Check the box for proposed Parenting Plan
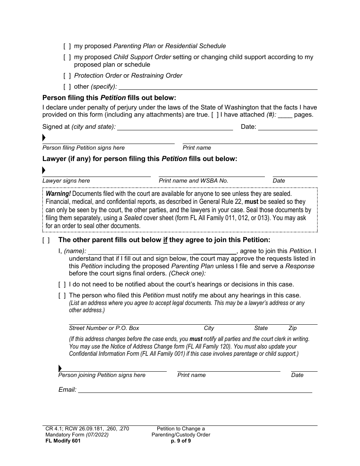pyautogui.click(x=67, y=46)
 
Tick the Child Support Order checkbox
pyautogui.click(x=67, y=57)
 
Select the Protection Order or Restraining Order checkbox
pyautogui.click(x=67, y=76)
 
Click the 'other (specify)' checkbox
pyautogui.click(x=67, y=87)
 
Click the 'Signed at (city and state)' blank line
pyautogui.click(x=175, y=127)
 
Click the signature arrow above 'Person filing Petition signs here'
pyautogui.click(x=44, y=138)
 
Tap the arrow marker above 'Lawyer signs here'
pyautogui.click(x=44, y=170)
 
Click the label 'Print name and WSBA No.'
pyautogui.click(x=193, y=181)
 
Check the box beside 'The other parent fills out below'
pyautogui.click(x=46, y=240)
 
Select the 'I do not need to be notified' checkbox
pyautogui.click(x=62, y=285)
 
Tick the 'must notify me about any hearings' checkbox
pyautogui.click(x=62, y=296)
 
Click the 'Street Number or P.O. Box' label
pyautogui.click(x=104, y=328)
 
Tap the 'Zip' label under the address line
pyautogui.click(x=293, y=328)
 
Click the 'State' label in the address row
pyautogui.click(x=261, y=328)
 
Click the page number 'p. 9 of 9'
pyautogui.click(x=181, y=441)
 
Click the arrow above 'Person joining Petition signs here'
pyautogui.click(x=60, y=368)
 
